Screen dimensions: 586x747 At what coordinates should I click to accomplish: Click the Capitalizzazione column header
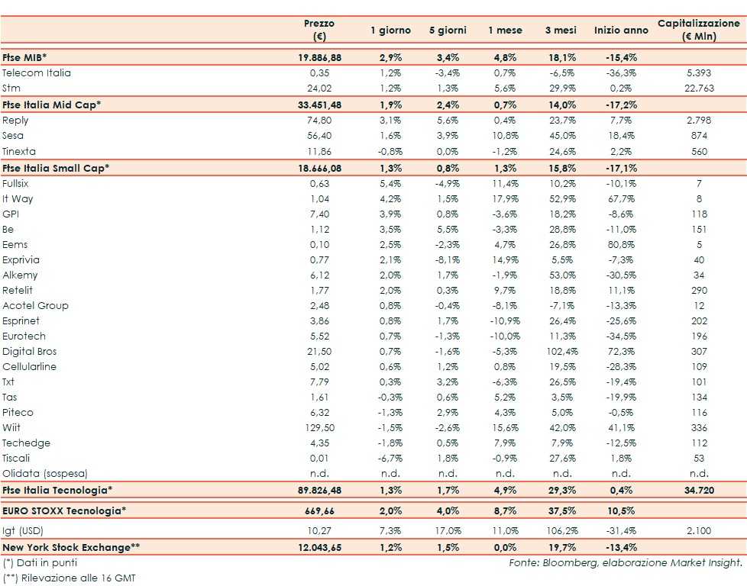coord(699,30)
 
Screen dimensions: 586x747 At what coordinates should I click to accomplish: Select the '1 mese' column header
coord(505,31)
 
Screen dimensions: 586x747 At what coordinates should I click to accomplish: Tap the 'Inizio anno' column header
coord(620,31)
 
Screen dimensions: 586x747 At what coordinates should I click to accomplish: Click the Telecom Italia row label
coord(36,72)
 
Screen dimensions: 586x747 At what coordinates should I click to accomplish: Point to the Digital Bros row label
coord(30,352)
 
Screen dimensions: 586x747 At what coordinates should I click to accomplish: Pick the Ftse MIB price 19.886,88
coord(319,57)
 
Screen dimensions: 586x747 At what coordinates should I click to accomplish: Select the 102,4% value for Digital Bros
coord(561,352)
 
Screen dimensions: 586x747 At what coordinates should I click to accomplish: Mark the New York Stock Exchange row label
coord(71,547)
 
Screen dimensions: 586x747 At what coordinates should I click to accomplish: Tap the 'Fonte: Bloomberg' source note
coord(626,562)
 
